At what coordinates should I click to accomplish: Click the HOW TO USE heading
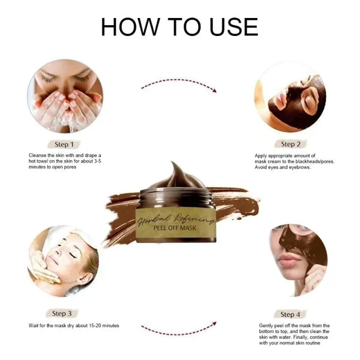pyautogui.click(x=179, y=26)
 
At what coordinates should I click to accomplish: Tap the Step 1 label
pyautogui.click(x=64, y=144)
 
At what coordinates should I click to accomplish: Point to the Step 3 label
pyautogui.click(x=63, y=313)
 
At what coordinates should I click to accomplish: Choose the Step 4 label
pyautogui.click(x=287, y=314)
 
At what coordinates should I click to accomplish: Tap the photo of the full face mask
pyautogui.click(x=290, y=96)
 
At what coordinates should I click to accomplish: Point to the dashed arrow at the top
pyautogui.click(x=178, y=86)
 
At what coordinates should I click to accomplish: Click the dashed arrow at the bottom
pyautogui.click(x=178, y=328)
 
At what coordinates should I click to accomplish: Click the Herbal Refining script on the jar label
pyautogui.click(x=174, y=218)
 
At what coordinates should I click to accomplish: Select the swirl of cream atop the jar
pyautogui.click(x=174, y=177)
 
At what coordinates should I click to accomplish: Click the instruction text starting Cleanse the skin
pyautogui.click(x=66, y=161)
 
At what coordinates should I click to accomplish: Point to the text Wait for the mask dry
pyautogui.click(x=74, y=326)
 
